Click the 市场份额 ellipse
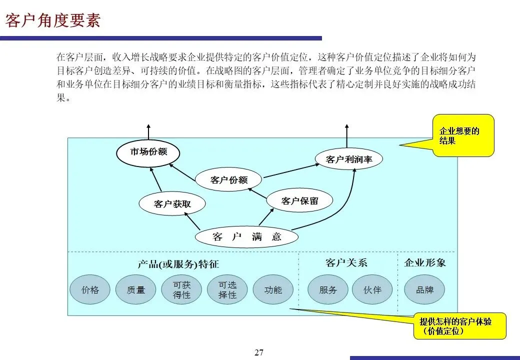tap(148, 151)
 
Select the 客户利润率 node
tap(349, 159)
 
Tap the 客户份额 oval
tap(229, 180)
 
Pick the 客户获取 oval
tap(172, 203)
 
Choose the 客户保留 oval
tap(299, 201)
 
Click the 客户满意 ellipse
tap(247, 237)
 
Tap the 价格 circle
tap(90, 289)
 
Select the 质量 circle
tap(135, 289)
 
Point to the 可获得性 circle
tap(181, 289)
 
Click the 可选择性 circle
tap(227, 289)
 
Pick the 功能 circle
tap(273, 289)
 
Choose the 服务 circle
tap(328, 289)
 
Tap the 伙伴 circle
tap(372, 289)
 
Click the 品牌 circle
tap(424, 289)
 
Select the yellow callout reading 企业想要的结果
tap(462, 135)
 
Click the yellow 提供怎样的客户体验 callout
tap(459, 326)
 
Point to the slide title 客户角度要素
tap(53, 20)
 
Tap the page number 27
tap(259, 353)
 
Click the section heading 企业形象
tap(424, 262)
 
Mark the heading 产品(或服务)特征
tap(178, 264)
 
